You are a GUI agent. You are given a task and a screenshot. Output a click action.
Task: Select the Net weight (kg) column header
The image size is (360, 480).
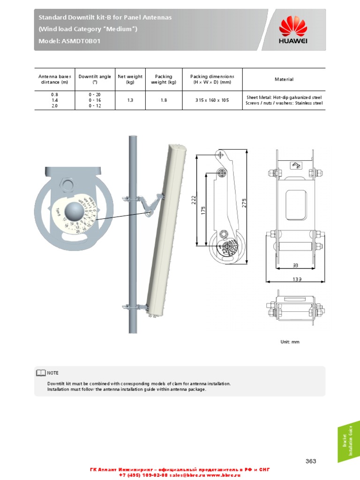pyautogui.click(x=130, y=79)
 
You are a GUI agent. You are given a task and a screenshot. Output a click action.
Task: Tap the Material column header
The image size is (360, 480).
pyautogui.click(x=284, y=79)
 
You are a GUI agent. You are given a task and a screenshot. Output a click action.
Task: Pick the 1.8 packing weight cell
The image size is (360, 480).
pyautogui.click(x=163, y=100)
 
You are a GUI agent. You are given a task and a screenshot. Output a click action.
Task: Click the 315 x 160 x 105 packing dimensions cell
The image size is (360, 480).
pyautogui.click(x=212, y=100)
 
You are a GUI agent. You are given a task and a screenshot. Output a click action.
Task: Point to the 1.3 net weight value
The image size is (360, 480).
pyautogui.click(x=130, y=100)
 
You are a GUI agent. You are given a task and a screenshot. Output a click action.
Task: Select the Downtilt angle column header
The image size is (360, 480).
pyautogui.click(x=95, y=79)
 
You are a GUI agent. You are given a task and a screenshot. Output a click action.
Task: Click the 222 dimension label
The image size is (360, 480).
pyautogui.click(x=193, y=199)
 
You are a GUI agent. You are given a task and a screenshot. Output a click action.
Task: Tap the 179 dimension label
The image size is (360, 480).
pyautogui.click(x=203, y=210)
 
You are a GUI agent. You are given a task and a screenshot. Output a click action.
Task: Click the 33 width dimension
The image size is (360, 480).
pyautogui.click(x=295, y=265)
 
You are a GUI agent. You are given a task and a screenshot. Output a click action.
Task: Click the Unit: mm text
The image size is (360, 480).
pyautogui.click(x=289, y=342)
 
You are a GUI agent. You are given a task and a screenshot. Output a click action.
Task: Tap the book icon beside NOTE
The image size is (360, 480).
pyautogui.click(x=41, y=373)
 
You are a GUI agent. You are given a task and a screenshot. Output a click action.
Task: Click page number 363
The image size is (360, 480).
pyautogui.click(x=310, y=461)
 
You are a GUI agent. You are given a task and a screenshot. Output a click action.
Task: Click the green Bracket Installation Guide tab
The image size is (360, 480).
pyautogui.click(x=348, y=441)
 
